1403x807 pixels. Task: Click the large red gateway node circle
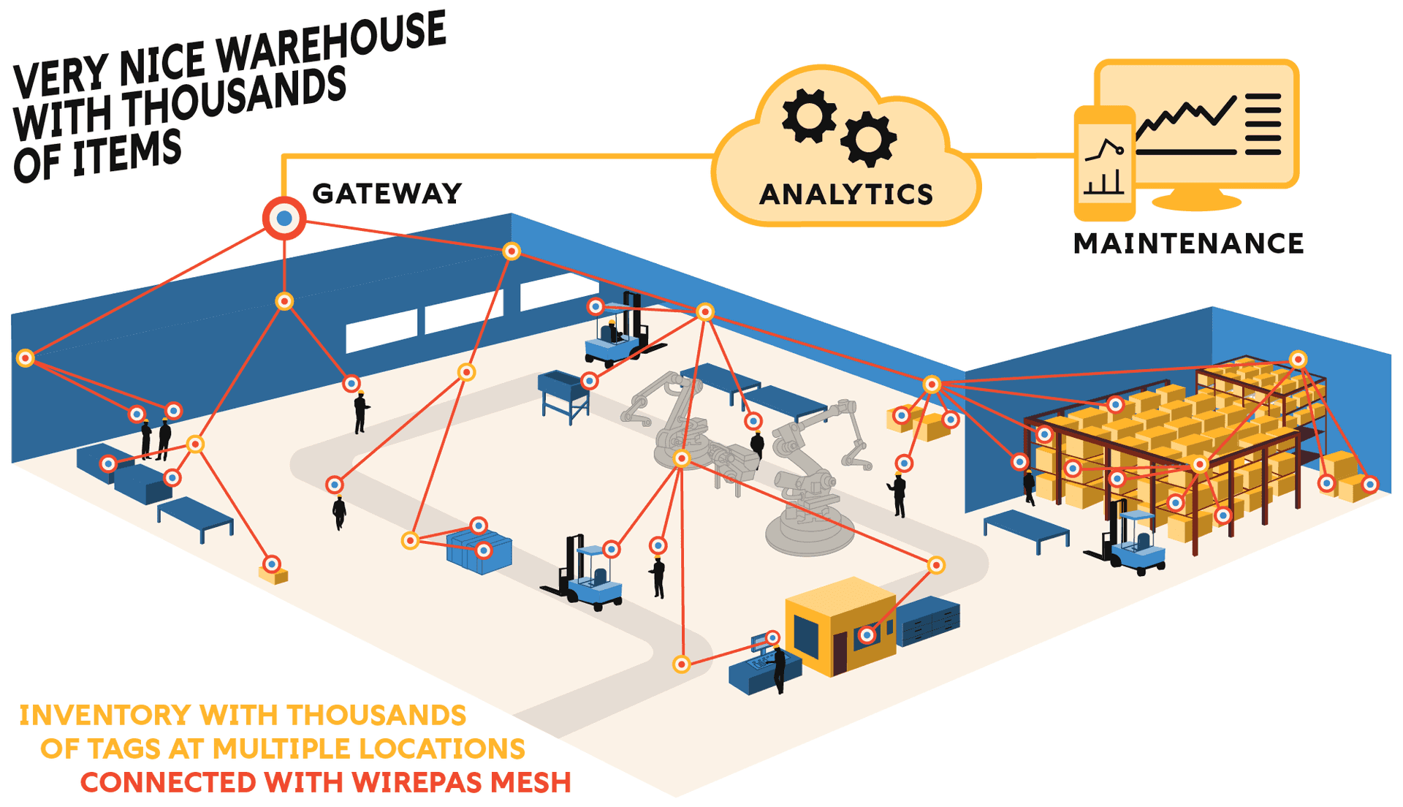coord(284,218)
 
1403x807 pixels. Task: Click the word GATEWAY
coord(387,194)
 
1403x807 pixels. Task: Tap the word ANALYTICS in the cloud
coord(846,194)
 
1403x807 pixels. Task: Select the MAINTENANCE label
coord(1188,243)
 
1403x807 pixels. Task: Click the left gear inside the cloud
coord(809,115)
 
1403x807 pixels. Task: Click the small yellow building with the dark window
coord(840,625)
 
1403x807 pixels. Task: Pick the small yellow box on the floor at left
coord(273,575)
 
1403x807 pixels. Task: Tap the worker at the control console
coord(779,669)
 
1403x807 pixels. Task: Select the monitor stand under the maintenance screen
coord(1195,198)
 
